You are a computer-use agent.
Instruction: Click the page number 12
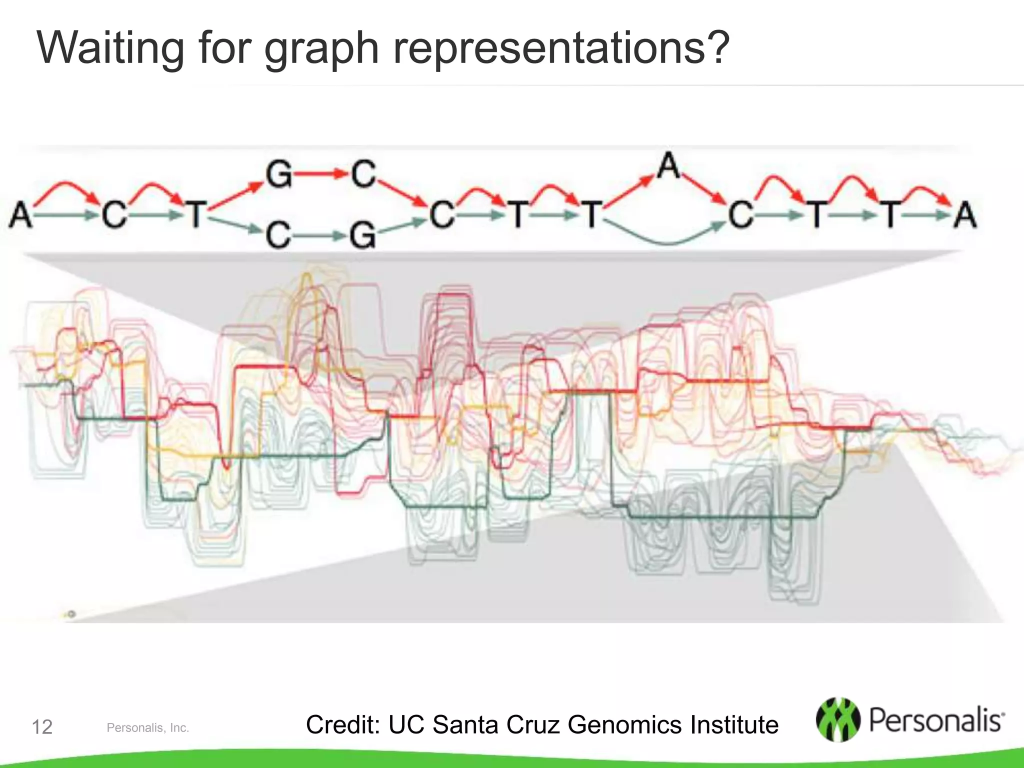[x=42, y=727]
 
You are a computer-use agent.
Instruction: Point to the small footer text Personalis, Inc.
[x=148, y=728]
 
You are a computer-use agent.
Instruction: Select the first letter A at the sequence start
[x=20, y=214]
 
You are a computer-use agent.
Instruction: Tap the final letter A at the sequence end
[x=965, y=214]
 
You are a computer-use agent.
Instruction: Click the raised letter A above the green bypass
[x=669, y=165]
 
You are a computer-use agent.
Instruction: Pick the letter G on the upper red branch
[x=278, y=174]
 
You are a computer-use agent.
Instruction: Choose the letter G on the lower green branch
[x=362, y=235]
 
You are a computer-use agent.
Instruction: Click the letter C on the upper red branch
[x=363, y=174]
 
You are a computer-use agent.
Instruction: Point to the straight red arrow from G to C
[x=320, y=174]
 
